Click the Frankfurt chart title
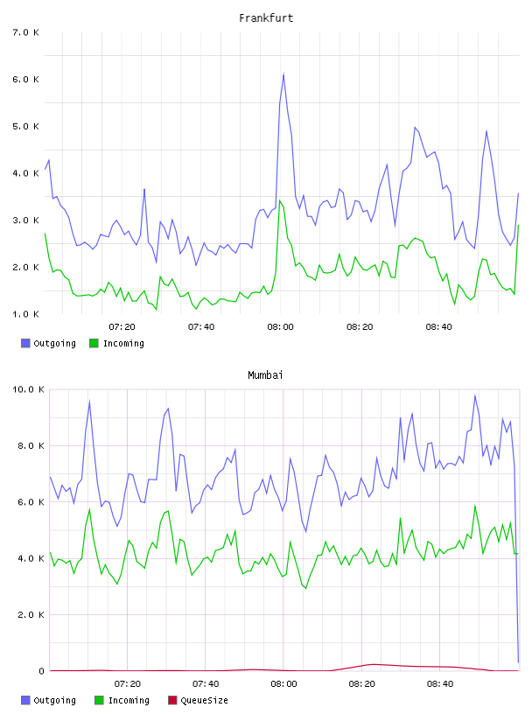tap(266, 18)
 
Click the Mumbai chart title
tap(265, 375)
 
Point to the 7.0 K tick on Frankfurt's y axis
tap(26, 32)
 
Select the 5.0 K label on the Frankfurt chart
tap(26, 126)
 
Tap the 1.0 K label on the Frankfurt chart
tap(26, 314)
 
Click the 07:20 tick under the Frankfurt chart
tap(122, 326)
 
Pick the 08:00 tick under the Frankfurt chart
tap(281, 326)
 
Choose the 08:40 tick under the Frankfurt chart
tap(439, 326)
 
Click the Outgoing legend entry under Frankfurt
tap(49, 343)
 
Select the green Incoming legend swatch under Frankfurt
tap(94, 343)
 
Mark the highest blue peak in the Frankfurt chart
tap(283, 73)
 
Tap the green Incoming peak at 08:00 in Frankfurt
tap(280, 199)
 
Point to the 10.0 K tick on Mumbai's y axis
tap(28, 389)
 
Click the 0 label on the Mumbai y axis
tap(41, 671)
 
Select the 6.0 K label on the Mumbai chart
tap(31, 501)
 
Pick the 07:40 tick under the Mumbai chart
tap(206, 683)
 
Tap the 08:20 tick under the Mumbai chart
tap(361, 683)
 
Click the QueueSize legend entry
tap(198, 700)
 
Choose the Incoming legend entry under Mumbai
tap(122, 700)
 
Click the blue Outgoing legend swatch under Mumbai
tap(25, 700)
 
